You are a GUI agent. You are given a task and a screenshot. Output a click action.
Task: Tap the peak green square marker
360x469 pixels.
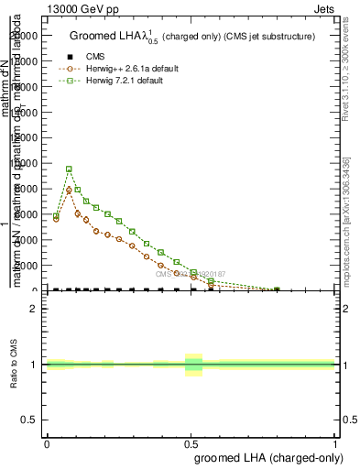click(x=69, y=169)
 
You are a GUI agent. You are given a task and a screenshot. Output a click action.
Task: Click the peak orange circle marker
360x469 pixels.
click(x=69, y=191)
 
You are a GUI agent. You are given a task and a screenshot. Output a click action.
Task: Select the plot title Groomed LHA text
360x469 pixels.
click(x=192, y=37)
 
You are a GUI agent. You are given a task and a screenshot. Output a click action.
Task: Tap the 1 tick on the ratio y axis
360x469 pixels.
click(x=35, y=365)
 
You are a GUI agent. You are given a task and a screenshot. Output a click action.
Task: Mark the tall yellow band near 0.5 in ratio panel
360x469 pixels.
click(x=193, y=365)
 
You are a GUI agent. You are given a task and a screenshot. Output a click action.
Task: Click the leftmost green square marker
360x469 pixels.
click(x=56, y=216)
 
